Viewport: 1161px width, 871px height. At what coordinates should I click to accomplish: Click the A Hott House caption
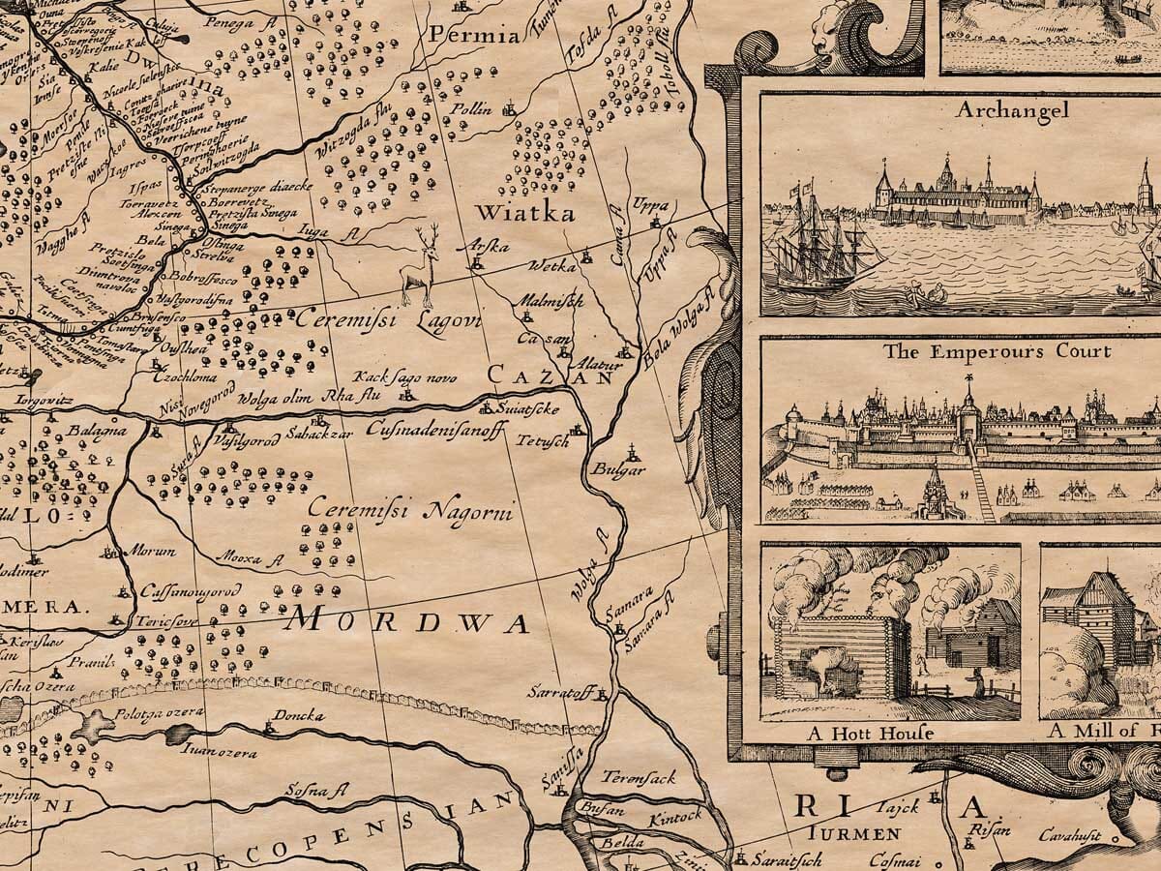pyautogui.click(x=870, y=733)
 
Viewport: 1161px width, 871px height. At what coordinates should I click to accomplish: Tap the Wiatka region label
pyautogui.click(x=523, y=213)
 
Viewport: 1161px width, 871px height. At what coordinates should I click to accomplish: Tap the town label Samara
pyautogui.click(x=623, y=593)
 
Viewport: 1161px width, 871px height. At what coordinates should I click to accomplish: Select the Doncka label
pyautogui.click(x=299, y=716)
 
